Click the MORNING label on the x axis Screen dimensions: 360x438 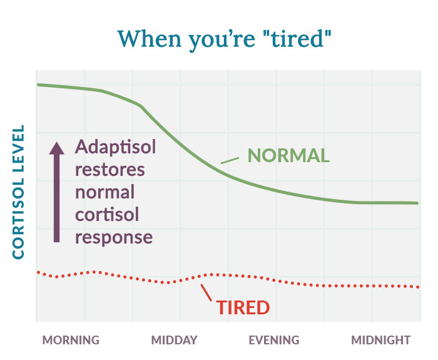pyautogui.click(x=71, y=341)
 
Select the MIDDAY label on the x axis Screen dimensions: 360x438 pyautogui.click(x=174, y=341)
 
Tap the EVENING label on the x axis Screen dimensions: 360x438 pyautogui.click(x=274, y=341)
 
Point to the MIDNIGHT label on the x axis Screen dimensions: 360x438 pyautogui.click(x=380, y=341)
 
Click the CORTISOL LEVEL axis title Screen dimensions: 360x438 pyautogui.click(x=18, y=192)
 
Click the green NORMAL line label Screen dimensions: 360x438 pyautogui.click(x=288, y=155)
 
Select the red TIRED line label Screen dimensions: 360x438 pyautogui.click(x=243, y=308)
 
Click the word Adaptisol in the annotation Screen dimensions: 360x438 pyautogui.click(x=116, y=147)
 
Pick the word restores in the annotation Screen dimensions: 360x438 pyautogui.click(x=109, y=170)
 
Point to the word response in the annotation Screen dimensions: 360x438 pyautogui.click(x=114, y=237)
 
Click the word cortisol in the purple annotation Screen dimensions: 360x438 pyautogui.click(x=107, y=215)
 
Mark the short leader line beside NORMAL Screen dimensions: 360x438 pyautogui.click(x=230, y=160)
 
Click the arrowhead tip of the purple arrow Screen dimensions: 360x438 pyautogui.click(x=56, y=143)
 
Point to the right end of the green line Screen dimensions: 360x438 pyautogui.click(x=417, y=203)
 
